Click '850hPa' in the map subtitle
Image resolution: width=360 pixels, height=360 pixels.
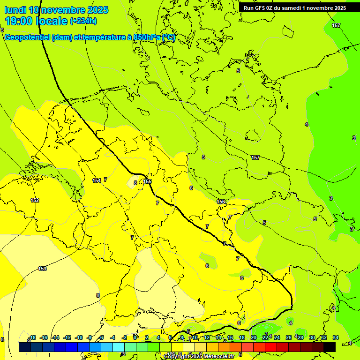[x=147, y=37]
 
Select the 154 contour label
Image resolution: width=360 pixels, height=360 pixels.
[x=97, y=180]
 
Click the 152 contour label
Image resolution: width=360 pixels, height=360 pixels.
[x=35, y=200]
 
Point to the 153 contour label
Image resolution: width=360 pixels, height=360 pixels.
[x=42, y=269]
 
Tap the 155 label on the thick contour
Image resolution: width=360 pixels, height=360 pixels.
[x=148, y=181]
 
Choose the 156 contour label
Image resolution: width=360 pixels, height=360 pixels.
[x=221, y=202]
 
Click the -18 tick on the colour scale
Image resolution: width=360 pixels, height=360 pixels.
[x=32, y=337]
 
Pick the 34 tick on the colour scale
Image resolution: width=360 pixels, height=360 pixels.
[x=335, y=337]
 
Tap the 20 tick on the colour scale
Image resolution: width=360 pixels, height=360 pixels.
[x=254, y=337]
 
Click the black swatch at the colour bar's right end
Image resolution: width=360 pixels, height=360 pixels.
[x=330, y=347]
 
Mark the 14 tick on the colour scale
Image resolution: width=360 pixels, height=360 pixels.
[x=218, y=337]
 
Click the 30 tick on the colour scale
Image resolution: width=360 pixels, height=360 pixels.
[x=312, y=337]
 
